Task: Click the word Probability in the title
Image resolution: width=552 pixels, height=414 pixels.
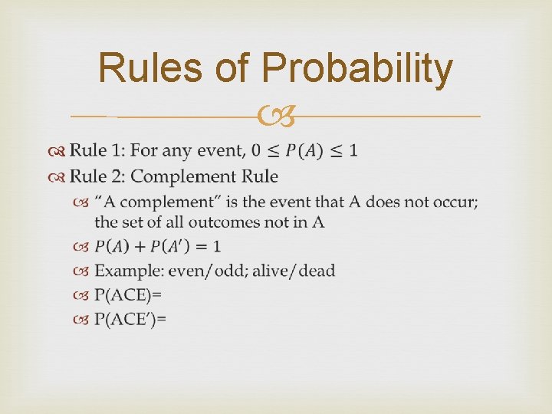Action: pyautogui.click(x=357, y=69)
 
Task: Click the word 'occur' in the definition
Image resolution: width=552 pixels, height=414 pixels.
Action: pyautogui.click(x=455, y=202)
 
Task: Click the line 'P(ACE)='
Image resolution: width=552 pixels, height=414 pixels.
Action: pyautogui.click(x=128, y=294)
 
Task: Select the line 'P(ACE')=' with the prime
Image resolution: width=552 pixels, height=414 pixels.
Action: pyautogui.click(x=130, y=318)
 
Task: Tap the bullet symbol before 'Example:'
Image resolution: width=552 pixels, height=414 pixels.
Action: pyautogui.click(x=82, y=271)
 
